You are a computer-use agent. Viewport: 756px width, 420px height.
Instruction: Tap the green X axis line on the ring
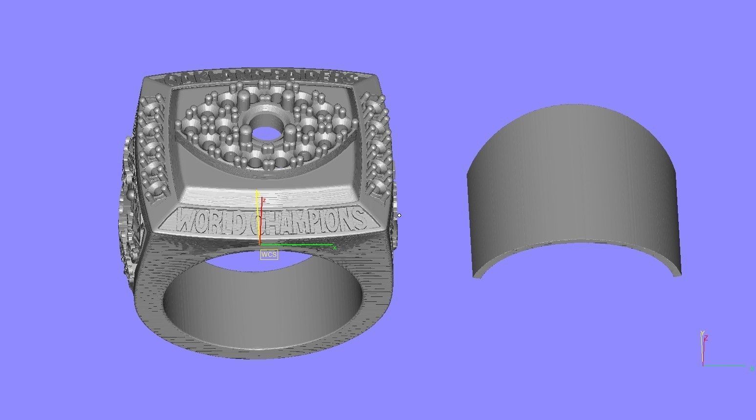298,245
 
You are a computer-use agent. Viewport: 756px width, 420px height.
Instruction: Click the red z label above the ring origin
264,200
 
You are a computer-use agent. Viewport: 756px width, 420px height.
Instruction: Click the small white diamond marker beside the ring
399,215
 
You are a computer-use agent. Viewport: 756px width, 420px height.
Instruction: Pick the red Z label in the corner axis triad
707,337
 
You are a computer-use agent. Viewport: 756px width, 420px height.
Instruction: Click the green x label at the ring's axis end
335,248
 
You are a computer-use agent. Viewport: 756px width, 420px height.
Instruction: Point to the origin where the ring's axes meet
260,244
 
